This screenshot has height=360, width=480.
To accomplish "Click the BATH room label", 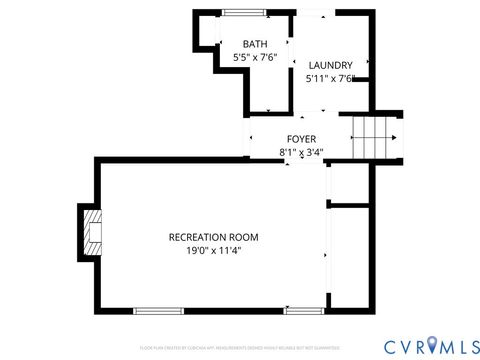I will (256, 44).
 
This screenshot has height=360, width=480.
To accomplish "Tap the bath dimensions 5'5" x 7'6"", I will (256, 58).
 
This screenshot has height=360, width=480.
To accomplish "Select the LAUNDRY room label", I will (329, 65).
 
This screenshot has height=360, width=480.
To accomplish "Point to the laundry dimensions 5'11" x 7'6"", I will (331, 79).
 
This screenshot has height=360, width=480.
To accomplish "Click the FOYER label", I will (301, 139).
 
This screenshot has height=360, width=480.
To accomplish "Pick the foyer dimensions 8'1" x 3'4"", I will (301, 153).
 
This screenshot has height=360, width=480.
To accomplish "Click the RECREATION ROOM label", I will (213, 237).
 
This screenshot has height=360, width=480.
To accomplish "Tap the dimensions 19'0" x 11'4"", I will (213, 251).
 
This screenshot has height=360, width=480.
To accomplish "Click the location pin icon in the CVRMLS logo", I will (432, 345).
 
